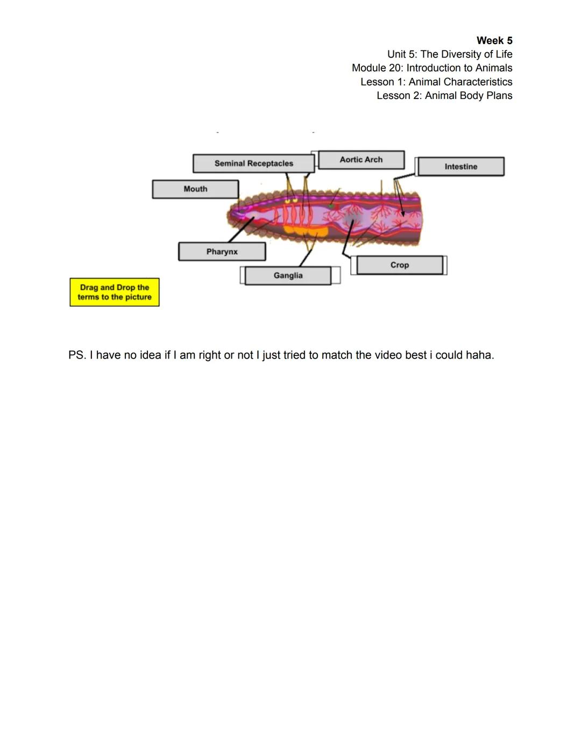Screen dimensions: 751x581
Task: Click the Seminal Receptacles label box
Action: [x=253, y=163]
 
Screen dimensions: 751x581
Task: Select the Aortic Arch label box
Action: [x=361, y=160]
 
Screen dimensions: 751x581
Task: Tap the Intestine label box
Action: [x=460, y=167]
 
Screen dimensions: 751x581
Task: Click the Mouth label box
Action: [x=195, y=189]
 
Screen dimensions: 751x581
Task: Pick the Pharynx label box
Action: [x=222, y=252]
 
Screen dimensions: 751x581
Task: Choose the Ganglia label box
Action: [x=288, y=276]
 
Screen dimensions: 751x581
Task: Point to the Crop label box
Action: [x=399, y=265]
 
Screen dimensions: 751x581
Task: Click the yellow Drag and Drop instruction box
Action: [x=115, y=292]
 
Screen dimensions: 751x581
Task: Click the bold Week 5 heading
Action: [x=494, y=41]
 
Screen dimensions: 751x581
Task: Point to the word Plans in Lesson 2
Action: [x=499, y=96]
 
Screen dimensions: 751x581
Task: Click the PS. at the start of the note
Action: [x=77, y=355]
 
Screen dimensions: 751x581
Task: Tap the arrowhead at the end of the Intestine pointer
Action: [x=403, y=214]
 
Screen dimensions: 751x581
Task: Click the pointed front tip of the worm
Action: [x=228, y=216]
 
